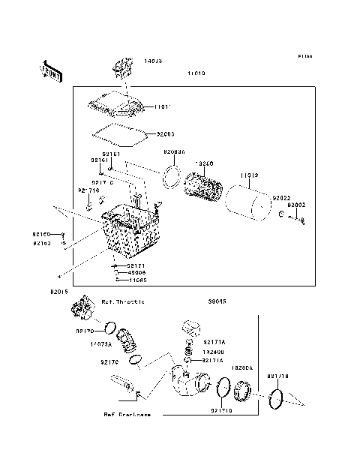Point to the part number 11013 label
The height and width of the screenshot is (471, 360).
pos(250,175)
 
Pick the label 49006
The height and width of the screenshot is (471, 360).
pos(136,272)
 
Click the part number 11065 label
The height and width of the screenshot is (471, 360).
pos(136,279)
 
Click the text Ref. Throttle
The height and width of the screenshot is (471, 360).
pos(123,301)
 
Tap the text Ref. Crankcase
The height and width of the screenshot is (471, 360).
pos(127,413)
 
